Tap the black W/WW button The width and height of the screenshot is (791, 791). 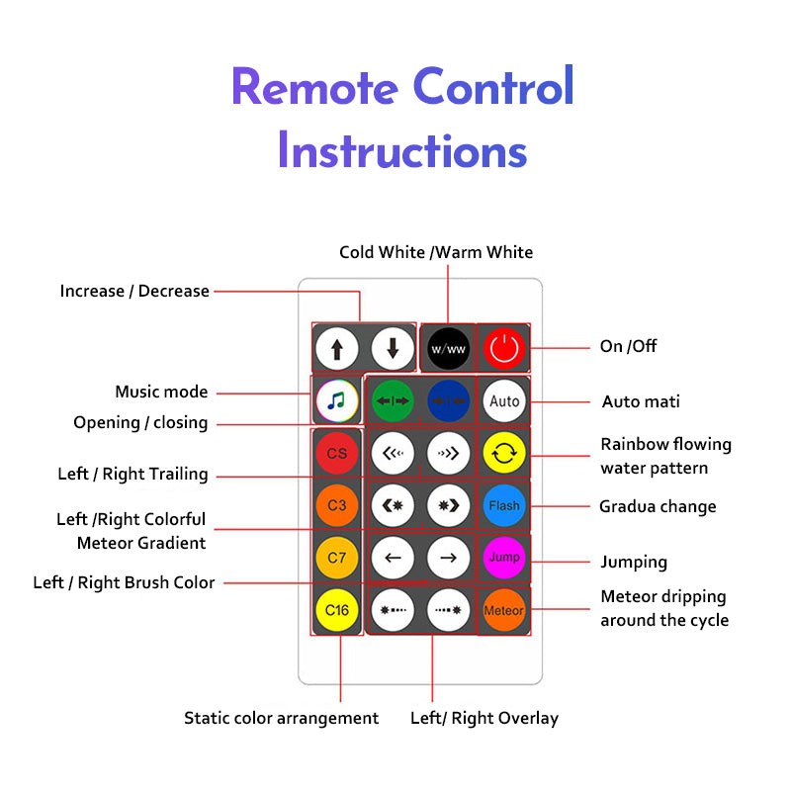pyautogui.click(x=448, y=348)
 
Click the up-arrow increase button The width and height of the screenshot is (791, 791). pyautogui.click(x=337, y=348)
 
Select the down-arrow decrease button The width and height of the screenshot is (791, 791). pyautogui.click(x=393, y=348)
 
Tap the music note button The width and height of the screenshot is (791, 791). pyautogui.click(x=337, y=401)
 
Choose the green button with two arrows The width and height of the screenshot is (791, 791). pyautogui.click(x=393, y=401)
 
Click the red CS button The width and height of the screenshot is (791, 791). pyautogui.click(x=337, y=454)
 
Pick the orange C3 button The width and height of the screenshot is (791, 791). pyautogui.click(x=337, y=505)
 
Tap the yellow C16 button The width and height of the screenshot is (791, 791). pyautogui.click(x=337, y=610)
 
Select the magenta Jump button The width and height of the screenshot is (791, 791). pyautogui.click(x=503, y=558)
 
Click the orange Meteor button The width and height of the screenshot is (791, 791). pyautogui.click(x=503, y=610)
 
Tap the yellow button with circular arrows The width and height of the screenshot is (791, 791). pyautogui.click(x=503, y=454)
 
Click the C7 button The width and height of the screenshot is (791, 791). pyautogui.click(x=337, y=558)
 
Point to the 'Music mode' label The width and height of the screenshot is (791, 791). pyautogui.click(x=161, y=392)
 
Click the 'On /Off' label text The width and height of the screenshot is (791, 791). pyautogui.click(x=628, y=346)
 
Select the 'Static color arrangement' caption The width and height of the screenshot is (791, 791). pyautogui.click(x=281, y=718)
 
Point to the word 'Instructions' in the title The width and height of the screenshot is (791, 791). pyautogui.click(x=401, y=150)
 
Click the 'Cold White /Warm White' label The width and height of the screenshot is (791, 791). pyautogui.click(x=436, y=252)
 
